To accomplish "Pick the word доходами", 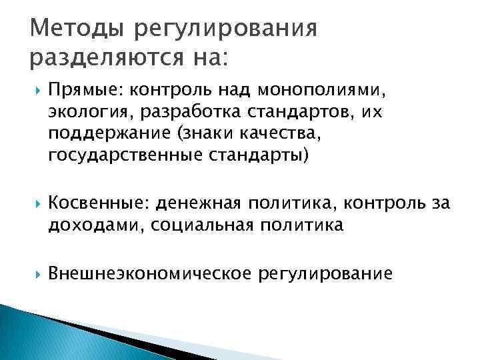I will tap(96, 224).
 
